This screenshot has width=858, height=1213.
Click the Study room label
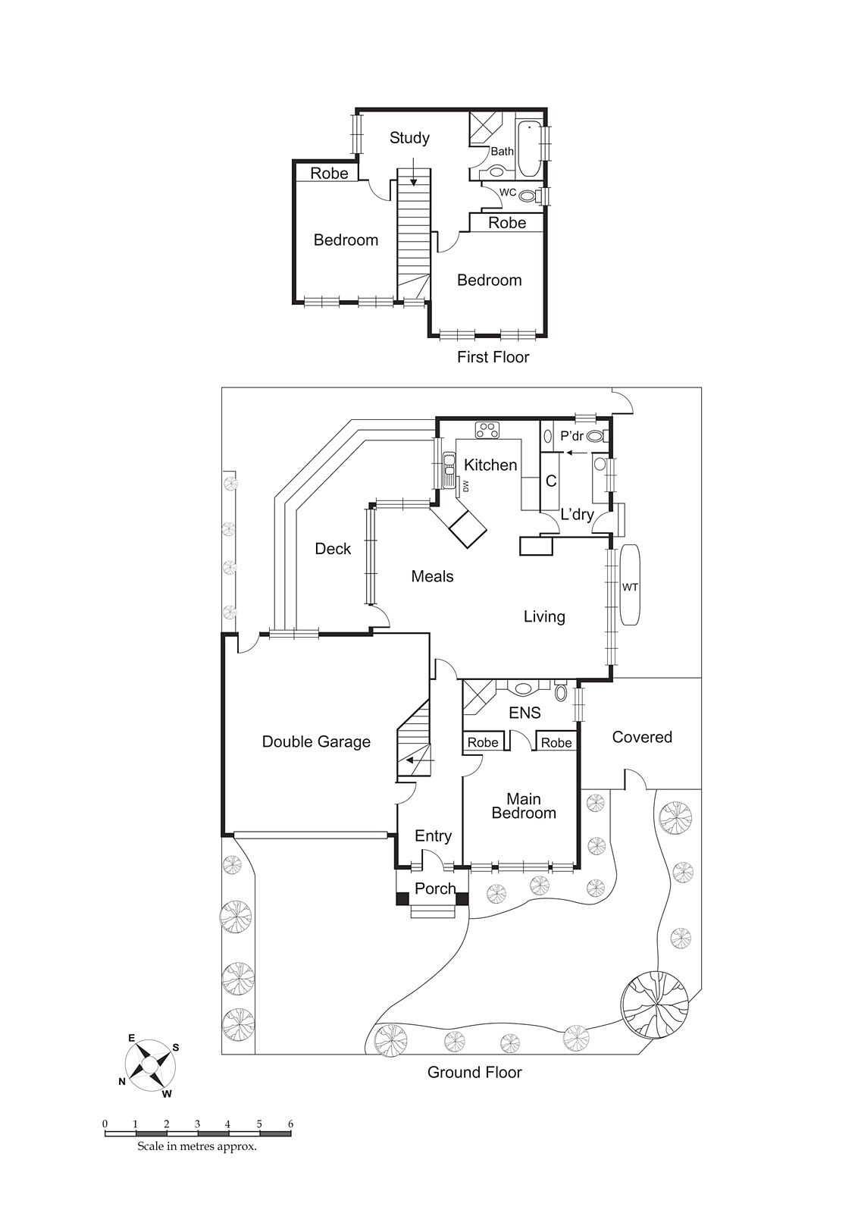point(409,138)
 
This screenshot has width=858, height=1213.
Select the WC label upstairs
point(507,193)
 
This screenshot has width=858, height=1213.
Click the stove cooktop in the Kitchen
point(488,430)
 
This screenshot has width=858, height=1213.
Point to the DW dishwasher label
point(466,485)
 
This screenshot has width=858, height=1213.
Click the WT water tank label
point(630,587)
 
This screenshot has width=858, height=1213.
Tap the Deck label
point(333,549)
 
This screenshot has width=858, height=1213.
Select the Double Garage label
point(316,742)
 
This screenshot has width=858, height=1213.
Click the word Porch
point(435,889)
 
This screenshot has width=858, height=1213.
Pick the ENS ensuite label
point(525,713)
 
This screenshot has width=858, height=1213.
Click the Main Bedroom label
point(523,806)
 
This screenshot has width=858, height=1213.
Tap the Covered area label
point(642,737)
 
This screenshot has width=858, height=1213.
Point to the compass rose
point(150,1066)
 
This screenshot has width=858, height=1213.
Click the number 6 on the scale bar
point(290,1124)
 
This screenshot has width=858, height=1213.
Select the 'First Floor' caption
point(493,357)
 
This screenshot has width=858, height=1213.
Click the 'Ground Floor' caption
point(474,1072)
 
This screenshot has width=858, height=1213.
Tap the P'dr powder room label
point(571,437)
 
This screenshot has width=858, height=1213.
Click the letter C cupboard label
point(551,481)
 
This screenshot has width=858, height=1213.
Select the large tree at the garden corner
point(655,1005)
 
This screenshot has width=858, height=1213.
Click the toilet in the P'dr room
point(595,436)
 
